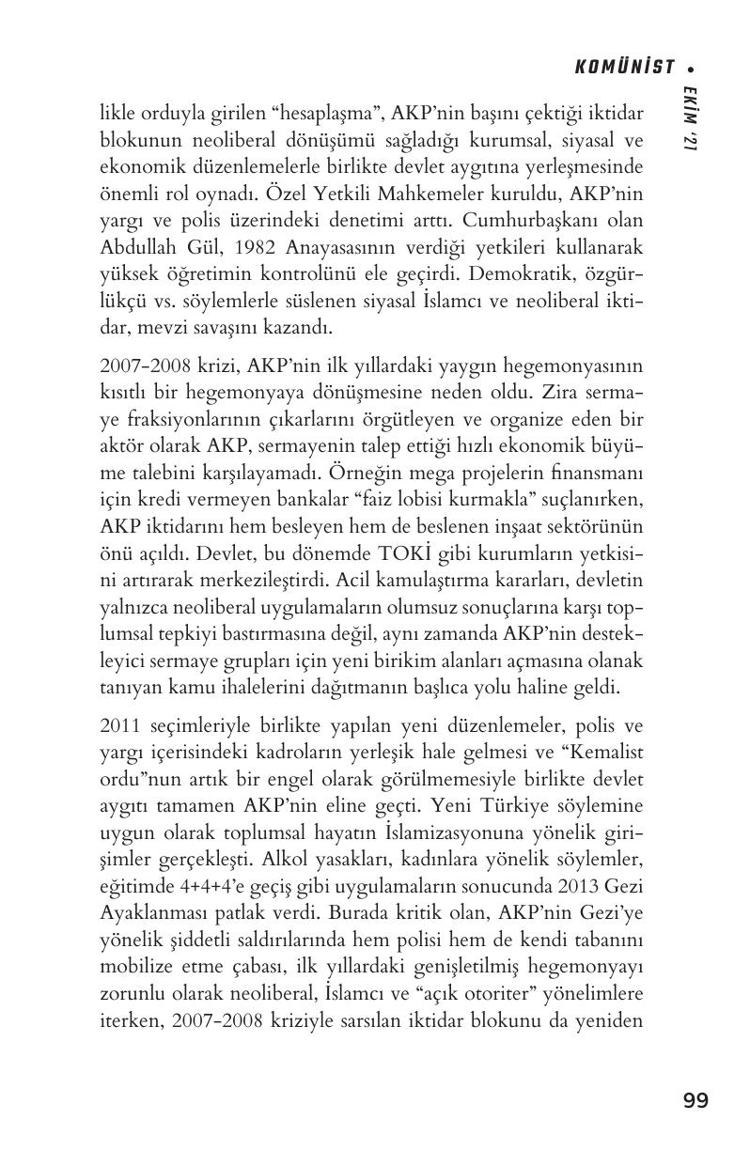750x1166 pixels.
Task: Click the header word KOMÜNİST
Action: point(624,67)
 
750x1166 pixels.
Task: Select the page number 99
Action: point(695,1100)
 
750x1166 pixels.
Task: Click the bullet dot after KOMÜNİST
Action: point(692,68)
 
